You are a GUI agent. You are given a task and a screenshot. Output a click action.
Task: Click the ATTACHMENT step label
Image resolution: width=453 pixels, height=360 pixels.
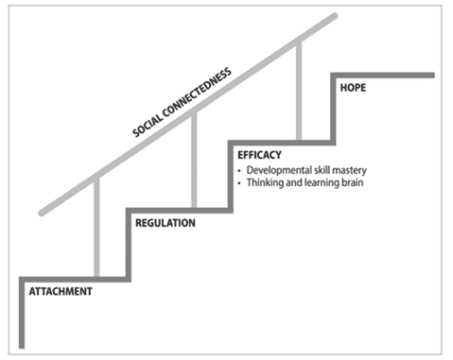tap(59, 291)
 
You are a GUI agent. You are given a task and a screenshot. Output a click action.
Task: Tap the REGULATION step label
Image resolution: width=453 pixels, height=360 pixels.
tap(166, 224)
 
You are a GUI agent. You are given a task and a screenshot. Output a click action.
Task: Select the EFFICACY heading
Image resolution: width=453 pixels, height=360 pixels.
tap(258, 155)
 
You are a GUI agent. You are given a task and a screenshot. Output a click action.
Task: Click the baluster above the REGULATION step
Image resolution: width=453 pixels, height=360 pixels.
tap(194, 161)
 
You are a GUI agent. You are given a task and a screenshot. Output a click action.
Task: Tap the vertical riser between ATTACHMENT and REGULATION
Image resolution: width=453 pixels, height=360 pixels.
tap(128, 245)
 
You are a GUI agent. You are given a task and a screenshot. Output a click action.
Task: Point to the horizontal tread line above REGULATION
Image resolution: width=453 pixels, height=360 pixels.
tap(180, 211)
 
